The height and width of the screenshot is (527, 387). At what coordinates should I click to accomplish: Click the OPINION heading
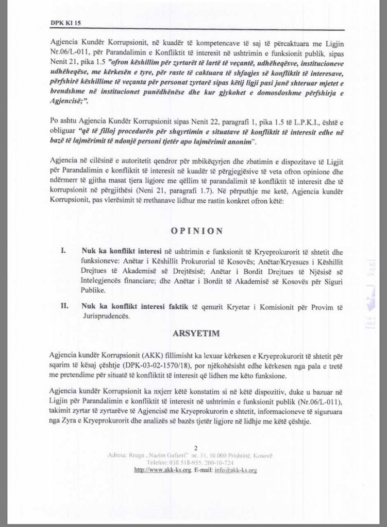coord(193,231)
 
